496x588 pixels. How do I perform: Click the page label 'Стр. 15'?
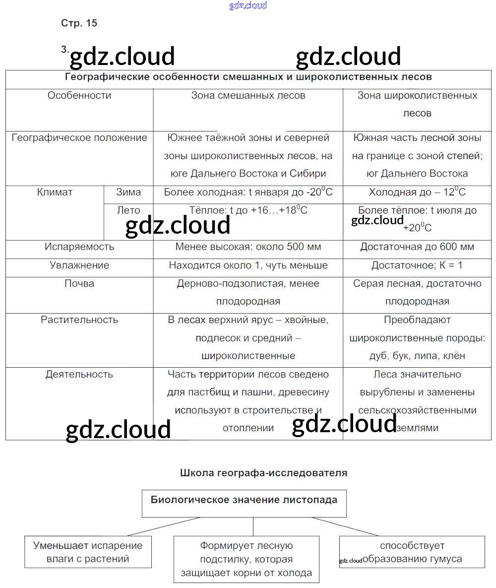79,23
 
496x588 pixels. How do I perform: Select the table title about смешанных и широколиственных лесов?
248,77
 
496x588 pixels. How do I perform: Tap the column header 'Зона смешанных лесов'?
248,95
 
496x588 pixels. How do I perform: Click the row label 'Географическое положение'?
79,137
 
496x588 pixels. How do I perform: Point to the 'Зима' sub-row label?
128,192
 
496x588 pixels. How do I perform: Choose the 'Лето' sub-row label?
128,210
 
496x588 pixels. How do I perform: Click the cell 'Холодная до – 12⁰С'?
417,192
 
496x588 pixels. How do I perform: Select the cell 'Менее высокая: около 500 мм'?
248,247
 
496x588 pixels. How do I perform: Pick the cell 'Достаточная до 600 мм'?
417,247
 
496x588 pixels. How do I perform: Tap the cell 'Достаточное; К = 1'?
417,265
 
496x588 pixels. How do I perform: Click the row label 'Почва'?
79,283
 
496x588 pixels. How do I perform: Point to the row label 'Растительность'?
79,320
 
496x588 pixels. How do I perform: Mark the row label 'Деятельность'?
79,374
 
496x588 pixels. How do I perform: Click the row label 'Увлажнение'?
79,265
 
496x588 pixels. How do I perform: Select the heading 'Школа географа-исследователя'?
263,473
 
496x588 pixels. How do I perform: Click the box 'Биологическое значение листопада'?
244,500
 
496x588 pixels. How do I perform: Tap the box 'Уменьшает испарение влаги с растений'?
88,552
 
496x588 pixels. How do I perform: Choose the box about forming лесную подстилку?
247,559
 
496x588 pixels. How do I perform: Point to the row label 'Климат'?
55,192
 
